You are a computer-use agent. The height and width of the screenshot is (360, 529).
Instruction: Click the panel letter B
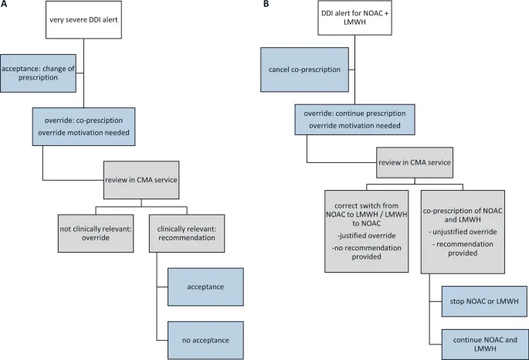(x=266, y=5)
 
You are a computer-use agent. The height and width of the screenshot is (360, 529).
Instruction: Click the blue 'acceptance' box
(x=206, y=287)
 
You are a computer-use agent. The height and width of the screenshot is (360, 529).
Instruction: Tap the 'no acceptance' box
(x=206, y=338)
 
